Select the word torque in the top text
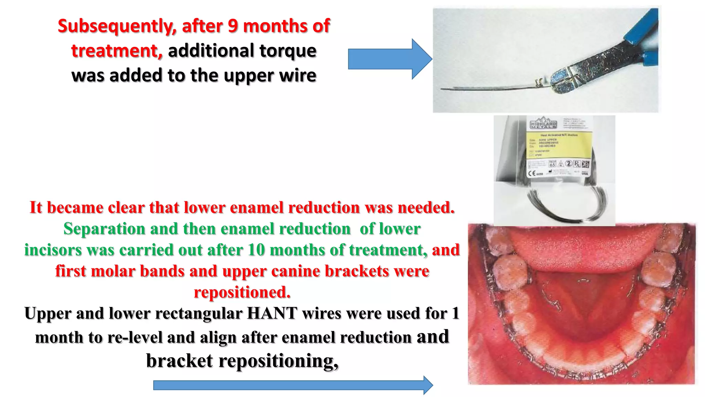288,51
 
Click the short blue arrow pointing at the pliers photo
389,59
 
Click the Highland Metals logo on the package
543,124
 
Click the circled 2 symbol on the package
569,164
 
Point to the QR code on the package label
585,164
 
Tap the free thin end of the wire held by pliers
442,89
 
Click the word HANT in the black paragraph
272,313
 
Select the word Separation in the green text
104,229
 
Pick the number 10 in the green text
256,250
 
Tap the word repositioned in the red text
242,292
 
